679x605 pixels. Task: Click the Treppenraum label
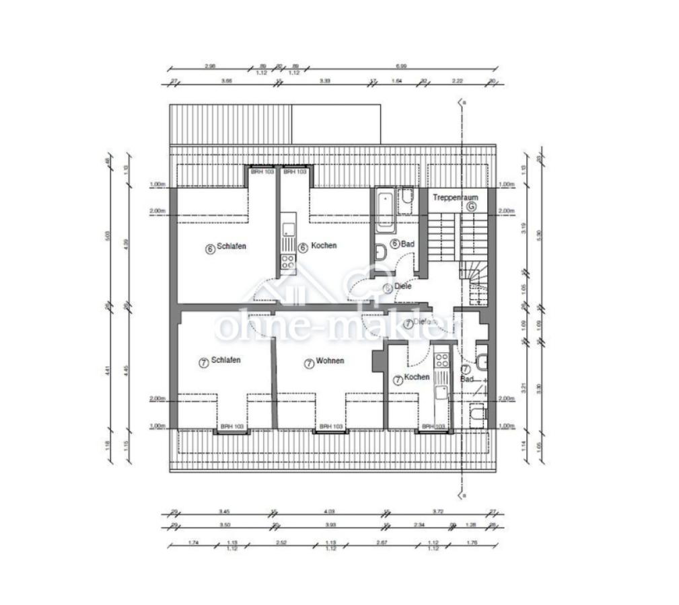(x=455, y=198)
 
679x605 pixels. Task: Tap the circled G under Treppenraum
(x=471, y=207)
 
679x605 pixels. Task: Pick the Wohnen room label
(x=329, y=361)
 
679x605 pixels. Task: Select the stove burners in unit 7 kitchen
(x=441, y=361)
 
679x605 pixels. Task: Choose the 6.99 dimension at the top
(x=401, y=66)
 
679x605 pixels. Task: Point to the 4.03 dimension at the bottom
(x=330, y=512)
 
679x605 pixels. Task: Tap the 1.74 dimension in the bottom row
(x=193, y=542)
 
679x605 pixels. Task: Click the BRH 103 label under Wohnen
(x=331, y=426)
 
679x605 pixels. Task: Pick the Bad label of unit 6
(x=407, y=244)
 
